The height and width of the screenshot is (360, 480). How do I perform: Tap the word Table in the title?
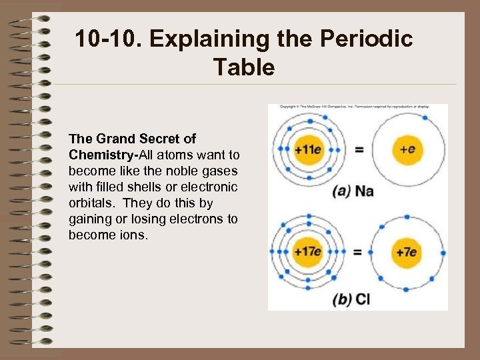[x=243, y=67]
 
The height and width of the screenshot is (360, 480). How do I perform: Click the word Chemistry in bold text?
[x=101, y=155]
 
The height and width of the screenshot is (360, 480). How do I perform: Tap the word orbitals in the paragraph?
[x=91, y=203]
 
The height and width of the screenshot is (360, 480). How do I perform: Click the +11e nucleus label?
[x=309, y=149]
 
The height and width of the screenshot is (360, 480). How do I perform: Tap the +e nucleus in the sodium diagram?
[x=407, y=149]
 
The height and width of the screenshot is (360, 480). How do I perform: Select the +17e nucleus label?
[x=309, y=252]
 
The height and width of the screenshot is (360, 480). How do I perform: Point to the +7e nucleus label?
[x=407, y=252]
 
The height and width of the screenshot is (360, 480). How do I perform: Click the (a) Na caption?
[x=353, y=191]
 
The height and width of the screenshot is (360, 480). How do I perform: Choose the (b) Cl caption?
[x=351, y=299]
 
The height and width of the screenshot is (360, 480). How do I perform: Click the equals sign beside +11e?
[x=359, y=150]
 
